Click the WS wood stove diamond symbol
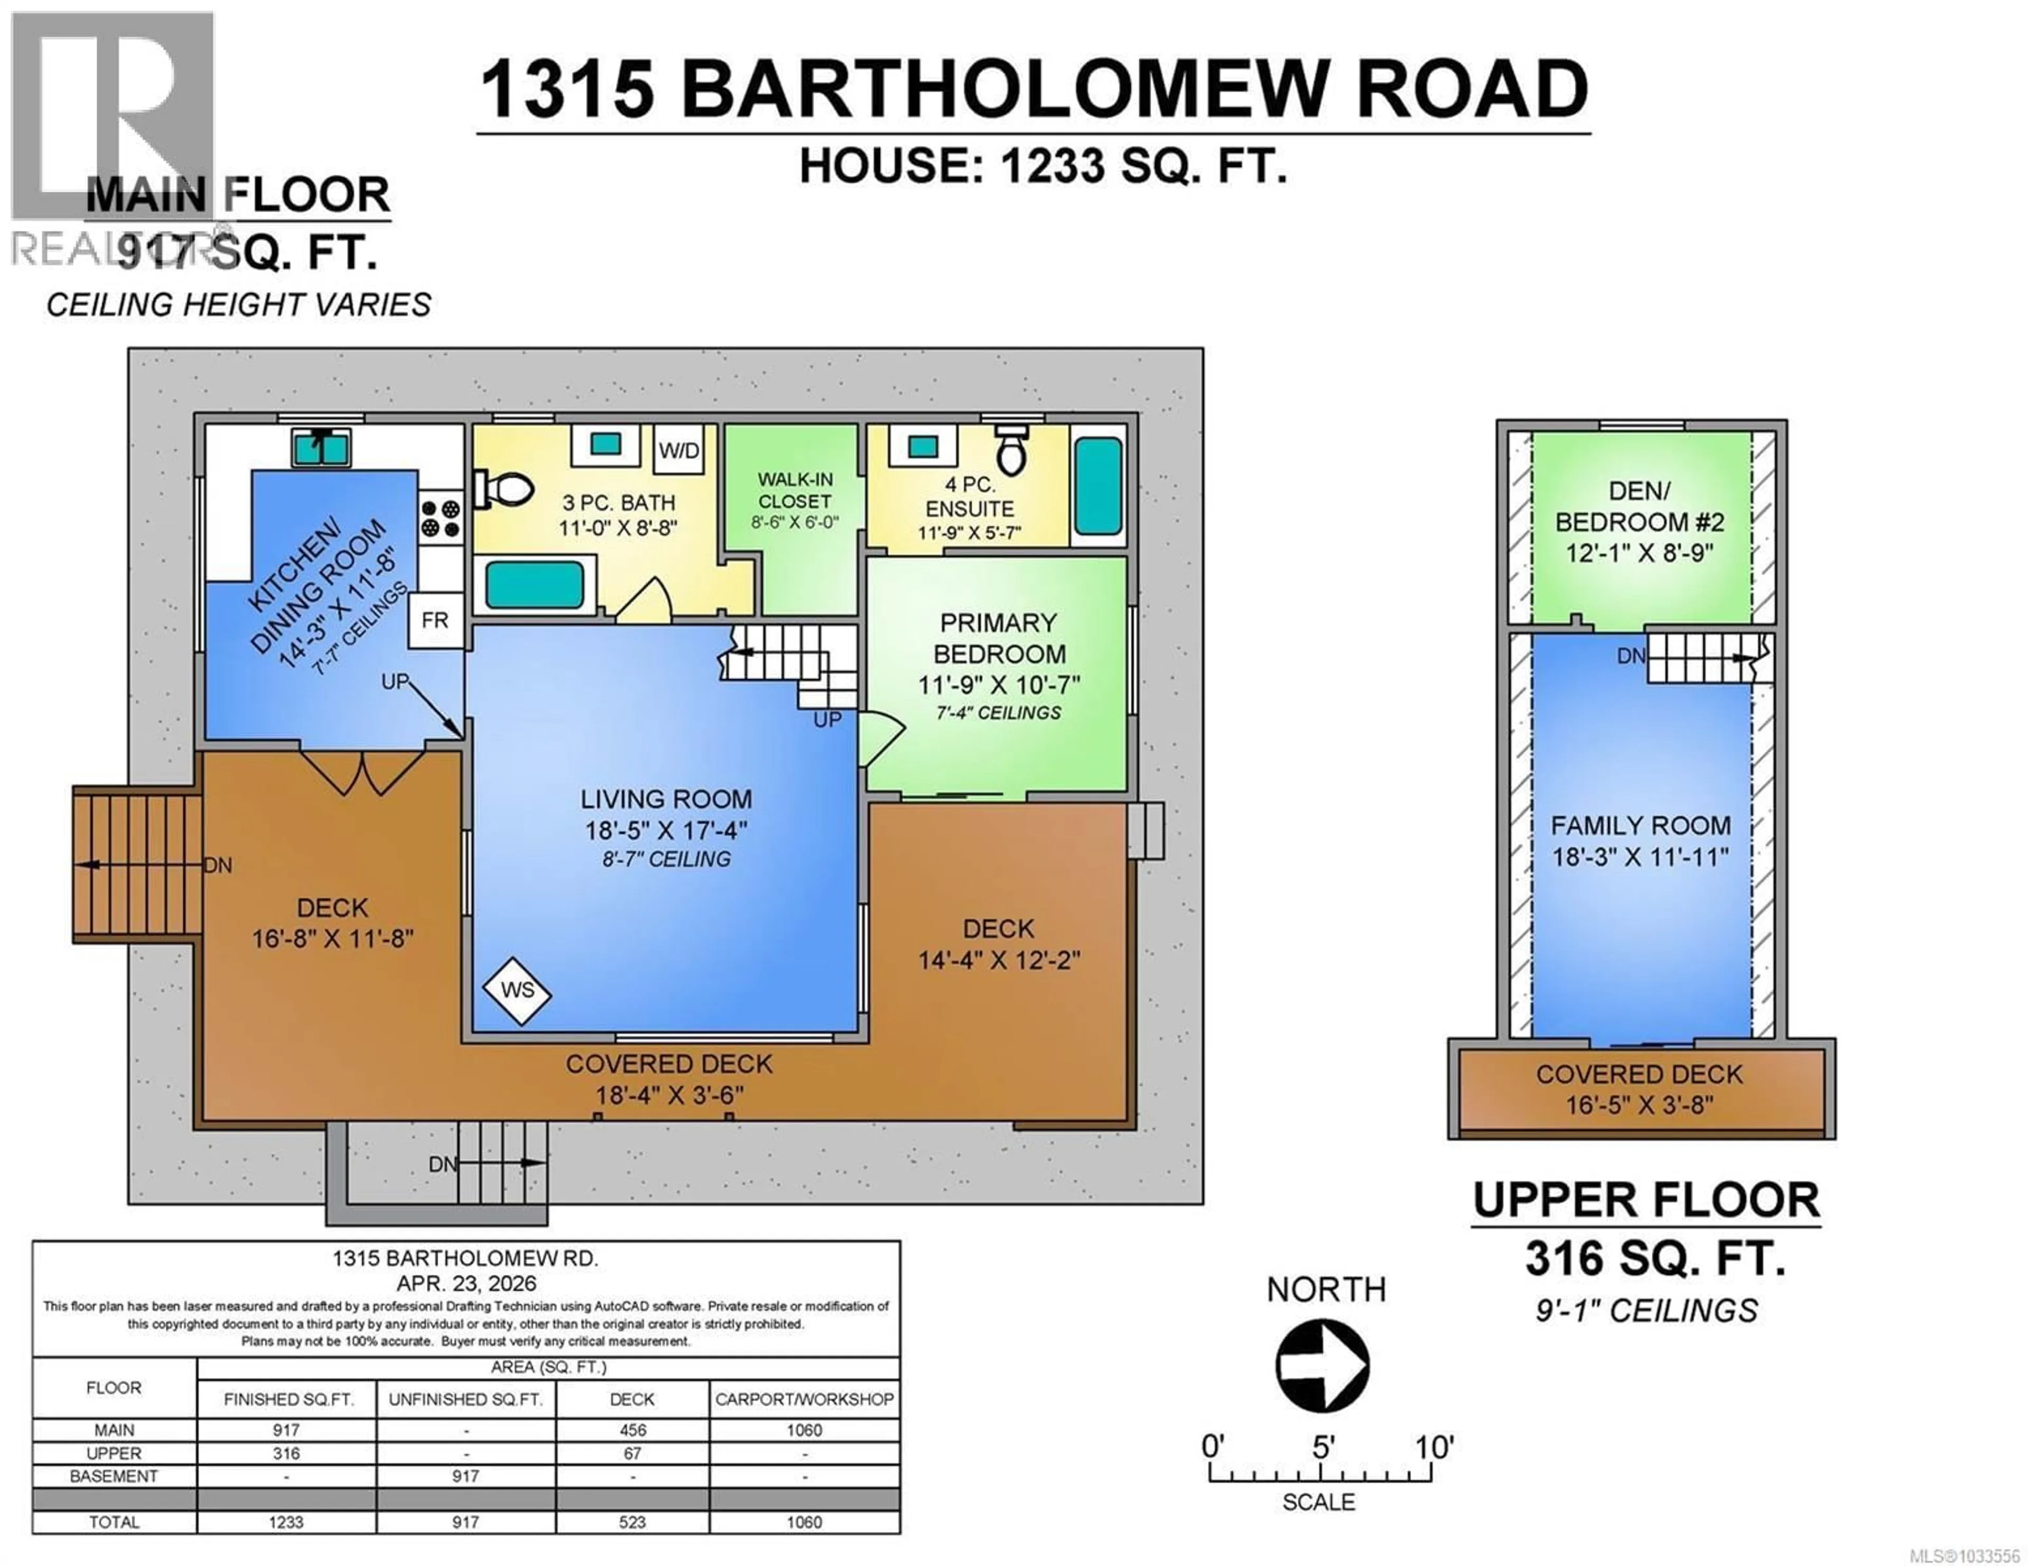[x=517, y=991]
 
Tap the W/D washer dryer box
[x=679, y=451]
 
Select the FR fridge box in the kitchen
[x=435, y=620]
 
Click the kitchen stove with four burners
[x=440, y=519]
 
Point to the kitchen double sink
[x=321, y=448]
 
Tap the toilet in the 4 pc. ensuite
[x=1010, y=453]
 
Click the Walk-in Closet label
[x=795, y=490]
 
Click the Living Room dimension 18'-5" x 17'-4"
[x=666, y=830]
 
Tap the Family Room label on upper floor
[x=1640, y=825]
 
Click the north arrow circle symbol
[x=1322, y=1364]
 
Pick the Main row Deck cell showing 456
[x=632, y=1430]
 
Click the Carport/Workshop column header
[x=804, y=1399]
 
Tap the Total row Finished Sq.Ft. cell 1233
[x=287, y=1522]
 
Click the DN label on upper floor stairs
[x=1630, y=656]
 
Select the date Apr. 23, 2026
[x=466, y=1283]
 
